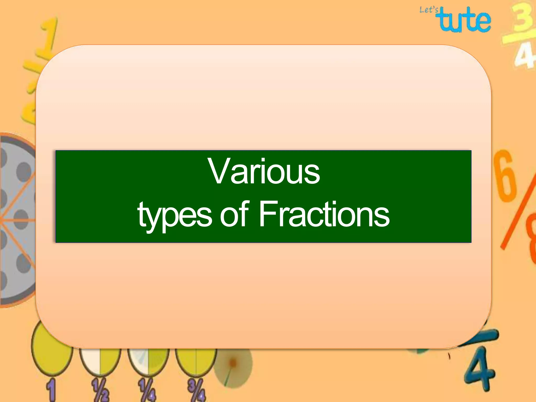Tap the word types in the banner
coord(175,215)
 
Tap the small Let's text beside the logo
coord(428,10)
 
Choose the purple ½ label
coord(100,390)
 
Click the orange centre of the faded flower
coord(232,363)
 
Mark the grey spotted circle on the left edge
coord(16,220)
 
